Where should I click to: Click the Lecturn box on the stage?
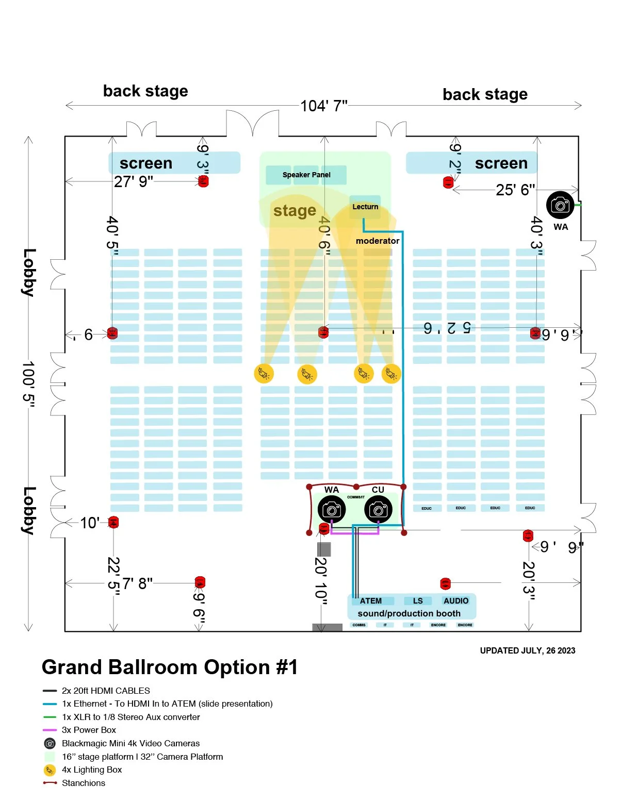tap(365, 207)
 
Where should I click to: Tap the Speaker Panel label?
tap(306, 175)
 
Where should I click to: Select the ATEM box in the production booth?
tap(371, 601)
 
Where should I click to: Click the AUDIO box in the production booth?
tap(456, 601)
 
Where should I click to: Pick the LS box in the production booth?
tap(418, 601)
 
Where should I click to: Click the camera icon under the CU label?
tap(378, 510)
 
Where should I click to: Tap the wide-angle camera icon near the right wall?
tap(560, 205)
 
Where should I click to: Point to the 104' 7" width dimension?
tap(324, 106)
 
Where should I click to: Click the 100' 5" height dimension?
tap(29, 384)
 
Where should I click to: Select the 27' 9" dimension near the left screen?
tap(134, 182)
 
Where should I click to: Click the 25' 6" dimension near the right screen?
tap(515, 190)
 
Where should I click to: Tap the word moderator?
tap(378, 241)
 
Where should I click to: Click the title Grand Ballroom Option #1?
tap(170, 667)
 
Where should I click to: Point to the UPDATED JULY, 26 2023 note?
tap(527, 650)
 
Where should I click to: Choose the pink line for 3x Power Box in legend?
tap(50, 730)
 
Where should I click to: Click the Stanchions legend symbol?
tap(50, 783)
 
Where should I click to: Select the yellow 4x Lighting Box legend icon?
tap(50, 770)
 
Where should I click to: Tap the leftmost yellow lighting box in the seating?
tap(264, 373)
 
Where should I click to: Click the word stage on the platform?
tap(295, 211)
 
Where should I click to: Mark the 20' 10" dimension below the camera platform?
tap(321, 578)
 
